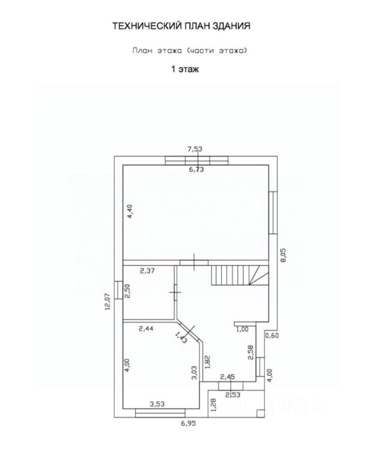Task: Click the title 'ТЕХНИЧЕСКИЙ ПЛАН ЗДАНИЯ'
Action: coord(182,26)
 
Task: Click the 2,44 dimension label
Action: coord(147,329)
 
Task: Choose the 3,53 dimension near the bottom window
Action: coord(157,404)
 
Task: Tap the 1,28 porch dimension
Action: coord(213,406)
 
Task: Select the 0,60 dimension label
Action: coord(272,336)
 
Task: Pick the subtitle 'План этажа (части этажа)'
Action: coord(188,50)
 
